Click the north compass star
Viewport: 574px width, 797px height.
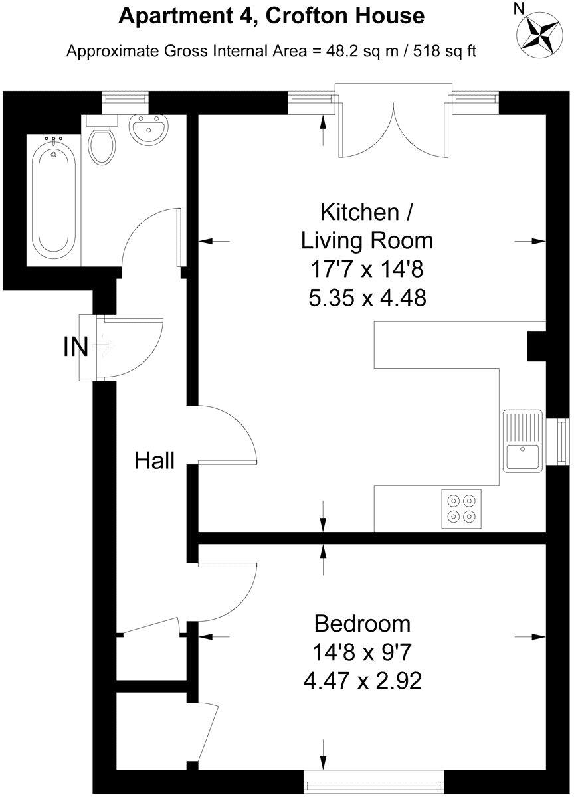[x=539, y=31]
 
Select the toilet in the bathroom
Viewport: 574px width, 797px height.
[x=102, y=141]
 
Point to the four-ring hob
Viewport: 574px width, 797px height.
[x=462, y=509]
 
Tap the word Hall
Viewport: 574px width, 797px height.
[x=155, y=460]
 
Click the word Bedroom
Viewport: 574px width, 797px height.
[x=362, y=624]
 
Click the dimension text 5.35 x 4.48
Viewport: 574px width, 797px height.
[x=367, y=298]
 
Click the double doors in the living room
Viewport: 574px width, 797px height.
[x=393, y=126]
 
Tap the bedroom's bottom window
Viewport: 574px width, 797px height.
[x=373, y=776]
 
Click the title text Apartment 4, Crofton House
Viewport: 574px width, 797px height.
[x=271, y=15]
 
